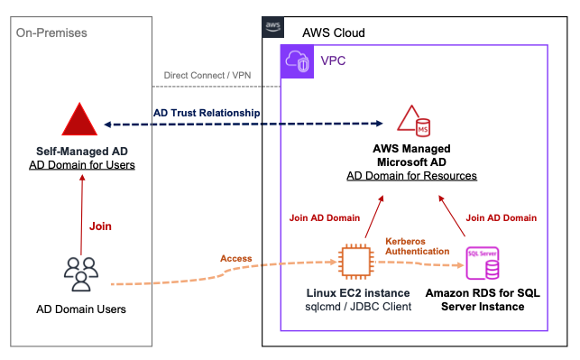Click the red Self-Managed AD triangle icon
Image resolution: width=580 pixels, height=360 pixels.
tap(80, 119)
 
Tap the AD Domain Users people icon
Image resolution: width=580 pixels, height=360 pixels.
tap(80, 272)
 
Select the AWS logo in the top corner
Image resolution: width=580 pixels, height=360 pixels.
tap(272, 28)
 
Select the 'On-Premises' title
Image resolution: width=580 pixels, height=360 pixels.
tap(51, 33)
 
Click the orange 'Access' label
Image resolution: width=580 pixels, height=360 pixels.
tap(236, 258)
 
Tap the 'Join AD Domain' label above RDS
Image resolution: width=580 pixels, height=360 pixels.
tap(502, 217)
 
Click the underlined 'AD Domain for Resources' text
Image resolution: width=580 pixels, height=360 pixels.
tap(411, 175)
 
